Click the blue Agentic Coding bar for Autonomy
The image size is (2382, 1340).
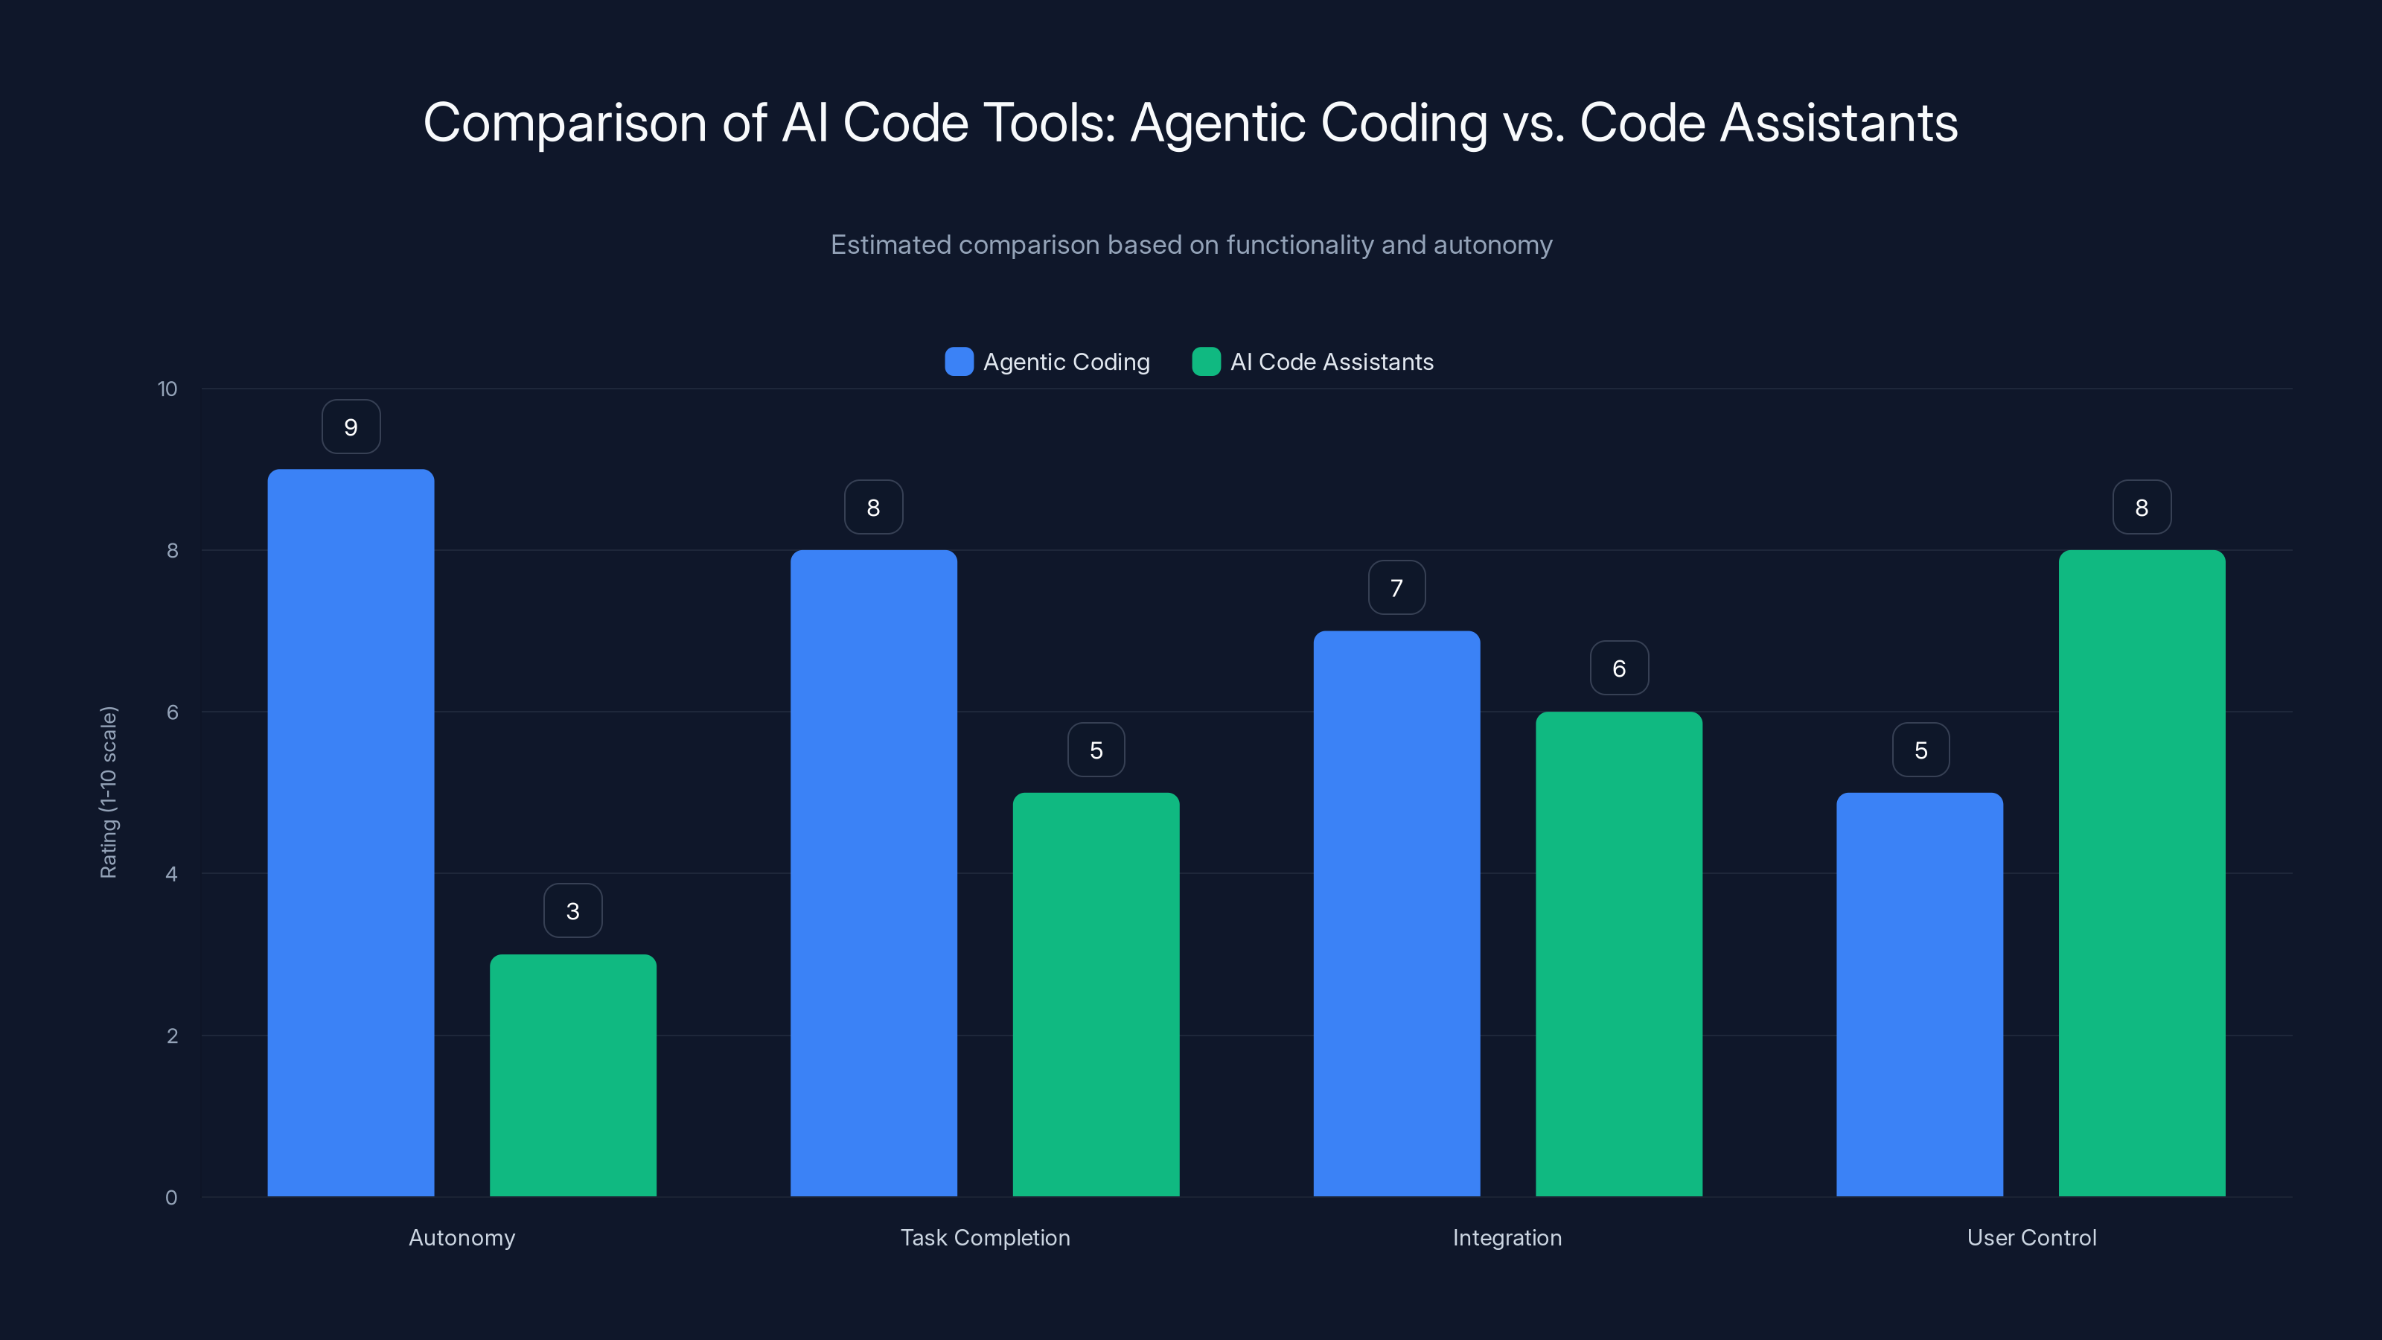coord(351,832)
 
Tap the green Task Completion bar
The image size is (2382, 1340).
coord(1096,994)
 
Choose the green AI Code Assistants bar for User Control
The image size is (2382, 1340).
coord(2142,873)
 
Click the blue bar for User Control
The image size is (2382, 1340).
coord(1920,994)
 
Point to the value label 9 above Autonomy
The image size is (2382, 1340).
coord(351,427)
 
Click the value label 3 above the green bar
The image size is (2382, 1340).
coord(572,911)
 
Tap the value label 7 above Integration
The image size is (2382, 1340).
coord(1396,588)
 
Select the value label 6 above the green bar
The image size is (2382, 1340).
coord(1618,669)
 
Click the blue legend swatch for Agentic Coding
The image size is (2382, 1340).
coord(959,362)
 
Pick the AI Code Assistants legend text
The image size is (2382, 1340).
coord(1332,362)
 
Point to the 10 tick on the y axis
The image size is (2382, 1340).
coord(167,389)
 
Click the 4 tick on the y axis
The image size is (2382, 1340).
coord(172,874)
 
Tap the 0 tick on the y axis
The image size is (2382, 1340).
coord(172,1198)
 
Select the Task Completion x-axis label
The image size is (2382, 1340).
coord(985,1237)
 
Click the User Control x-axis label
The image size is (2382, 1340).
coord(2031,1237)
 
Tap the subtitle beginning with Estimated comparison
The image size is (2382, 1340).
coord(1191,245)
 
